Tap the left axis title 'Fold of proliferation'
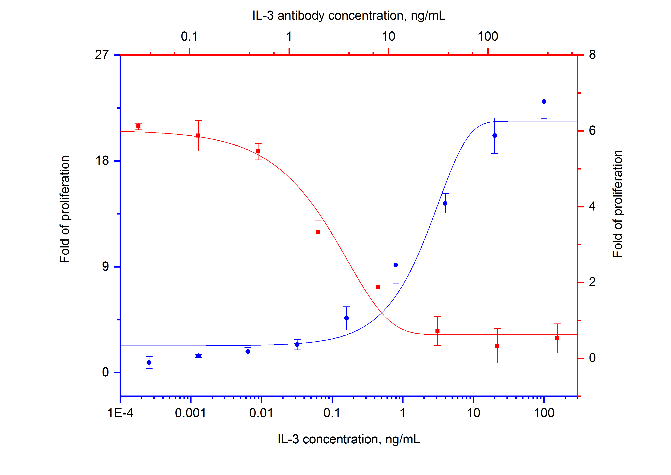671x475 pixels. tap(65, 209)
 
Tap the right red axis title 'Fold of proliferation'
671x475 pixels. tap(617, 204)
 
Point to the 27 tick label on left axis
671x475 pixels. tap(102, 55)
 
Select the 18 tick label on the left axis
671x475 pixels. tap(102, 161)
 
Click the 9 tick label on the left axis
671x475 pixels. tap(105, 266)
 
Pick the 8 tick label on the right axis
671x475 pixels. tap(592, 55)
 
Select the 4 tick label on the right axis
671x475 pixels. tap(592, 206)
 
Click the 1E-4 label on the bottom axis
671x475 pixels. tap(120, 413)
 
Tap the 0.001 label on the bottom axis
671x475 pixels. tap(191, 413)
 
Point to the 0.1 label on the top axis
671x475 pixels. tap(189, 37)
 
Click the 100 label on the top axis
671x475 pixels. tap(488, 37)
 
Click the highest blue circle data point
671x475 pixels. tap(544, 102)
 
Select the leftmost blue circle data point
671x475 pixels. tap(149, 362)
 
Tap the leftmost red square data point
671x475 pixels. tap(139, 126)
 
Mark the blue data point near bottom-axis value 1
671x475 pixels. tap(396, 265)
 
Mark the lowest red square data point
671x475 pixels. tap(497, 346)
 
